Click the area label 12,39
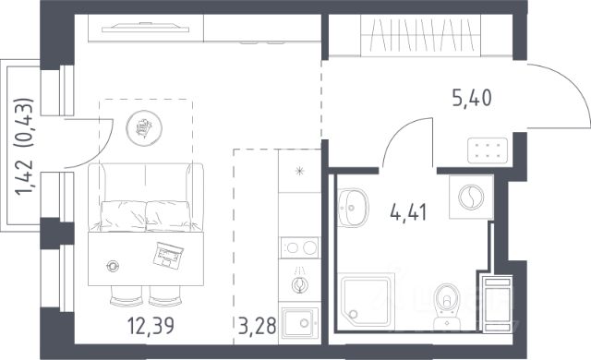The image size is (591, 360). point(151,326)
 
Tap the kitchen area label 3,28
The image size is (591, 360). point(258,326)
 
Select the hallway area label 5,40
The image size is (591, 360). point(472,98)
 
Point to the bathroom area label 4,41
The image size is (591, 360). point(408,212)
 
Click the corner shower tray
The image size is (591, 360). point(367,301)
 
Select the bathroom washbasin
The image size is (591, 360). point(353,208)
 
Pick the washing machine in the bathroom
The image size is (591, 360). point(471,197)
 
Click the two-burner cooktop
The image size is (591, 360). point(299,247)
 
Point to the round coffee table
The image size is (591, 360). point(144,128)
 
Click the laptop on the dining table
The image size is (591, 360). point(168,255)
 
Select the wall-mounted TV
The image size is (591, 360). point(145,28)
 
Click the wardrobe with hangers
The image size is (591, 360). point(421,36)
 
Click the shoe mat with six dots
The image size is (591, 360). point(488,150)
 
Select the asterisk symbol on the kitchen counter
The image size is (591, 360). point(299,172)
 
